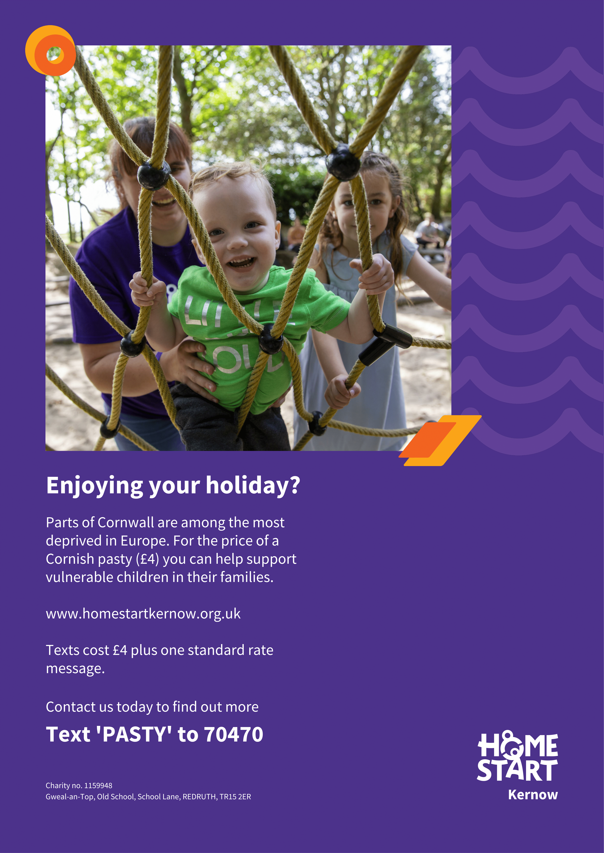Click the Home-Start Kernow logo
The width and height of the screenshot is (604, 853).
517,766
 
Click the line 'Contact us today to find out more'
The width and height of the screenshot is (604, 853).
152,707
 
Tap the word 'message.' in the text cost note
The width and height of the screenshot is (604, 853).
75,669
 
